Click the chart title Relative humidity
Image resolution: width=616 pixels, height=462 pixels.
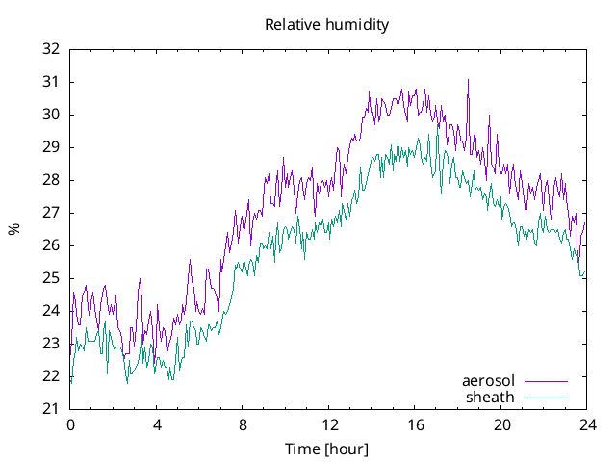point(326,25)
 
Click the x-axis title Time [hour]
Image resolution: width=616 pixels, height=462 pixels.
point(326,449)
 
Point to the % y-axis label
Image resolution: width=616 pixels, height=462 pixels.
point(13,229)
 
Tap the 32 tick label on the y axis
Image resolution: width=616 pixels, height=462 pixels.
point(51,49)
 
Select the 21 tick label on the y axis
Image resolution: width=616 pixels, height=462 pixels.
point(51,409)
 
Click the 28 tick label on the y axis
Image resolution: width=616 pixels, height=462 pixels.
point(51,180)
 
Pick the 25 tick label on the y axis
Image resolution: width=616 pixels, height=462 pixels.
point(51,278)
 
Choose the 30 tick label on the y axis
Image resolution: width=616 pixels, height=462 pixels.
point(51,115)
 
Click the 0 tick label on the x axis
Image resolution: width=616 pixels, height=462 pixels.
point(70,425)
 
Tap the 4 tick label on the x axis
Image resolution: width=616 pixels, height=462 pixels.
point(156,425)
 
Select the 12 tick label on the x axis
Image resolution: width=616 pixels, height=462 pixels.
point(328,425)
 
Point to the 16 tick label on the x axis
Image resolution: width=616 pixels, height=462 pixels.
point(415,425)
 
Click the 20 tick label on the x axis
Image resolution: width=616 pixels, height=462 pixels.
point(500,425)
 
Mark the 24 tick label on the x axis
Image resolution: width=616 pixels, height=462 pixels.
point(587,425)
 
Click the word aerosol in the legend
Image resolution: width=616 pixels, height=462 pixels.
point(488,380)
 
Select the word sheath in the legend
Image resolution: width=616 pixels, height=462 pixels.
point(490,397)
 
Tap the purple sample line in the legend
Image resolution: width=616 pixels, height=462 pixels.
point(545,381)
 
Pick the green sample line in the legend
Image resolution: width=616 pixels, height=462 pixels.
point(545,397)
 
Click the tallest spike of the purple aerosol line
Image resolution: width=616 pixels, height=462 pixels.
point(468,80)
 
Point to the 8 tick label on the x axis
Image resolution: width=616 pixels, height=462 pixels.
point(243,425)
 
